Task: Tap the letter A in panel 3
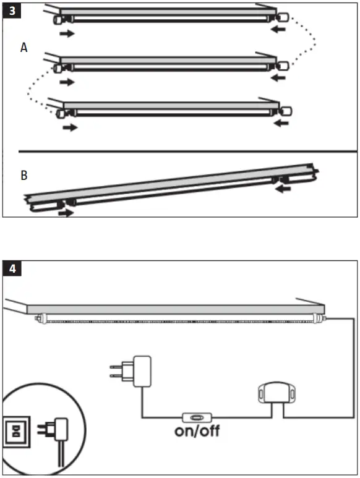click(24, 48)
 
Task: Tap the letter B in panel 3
click(24, 176)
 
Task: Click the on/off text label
click(197, 431)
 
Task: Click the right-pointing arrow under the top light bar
click(67, 33)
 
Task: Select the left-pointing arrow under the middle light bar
click(280, 78)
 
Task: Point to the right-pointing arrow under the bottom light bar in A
click(71, 128)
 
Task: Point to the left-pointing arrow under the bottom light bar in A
click(281, 124)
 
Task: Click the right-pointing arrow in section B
click(65, 213)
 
